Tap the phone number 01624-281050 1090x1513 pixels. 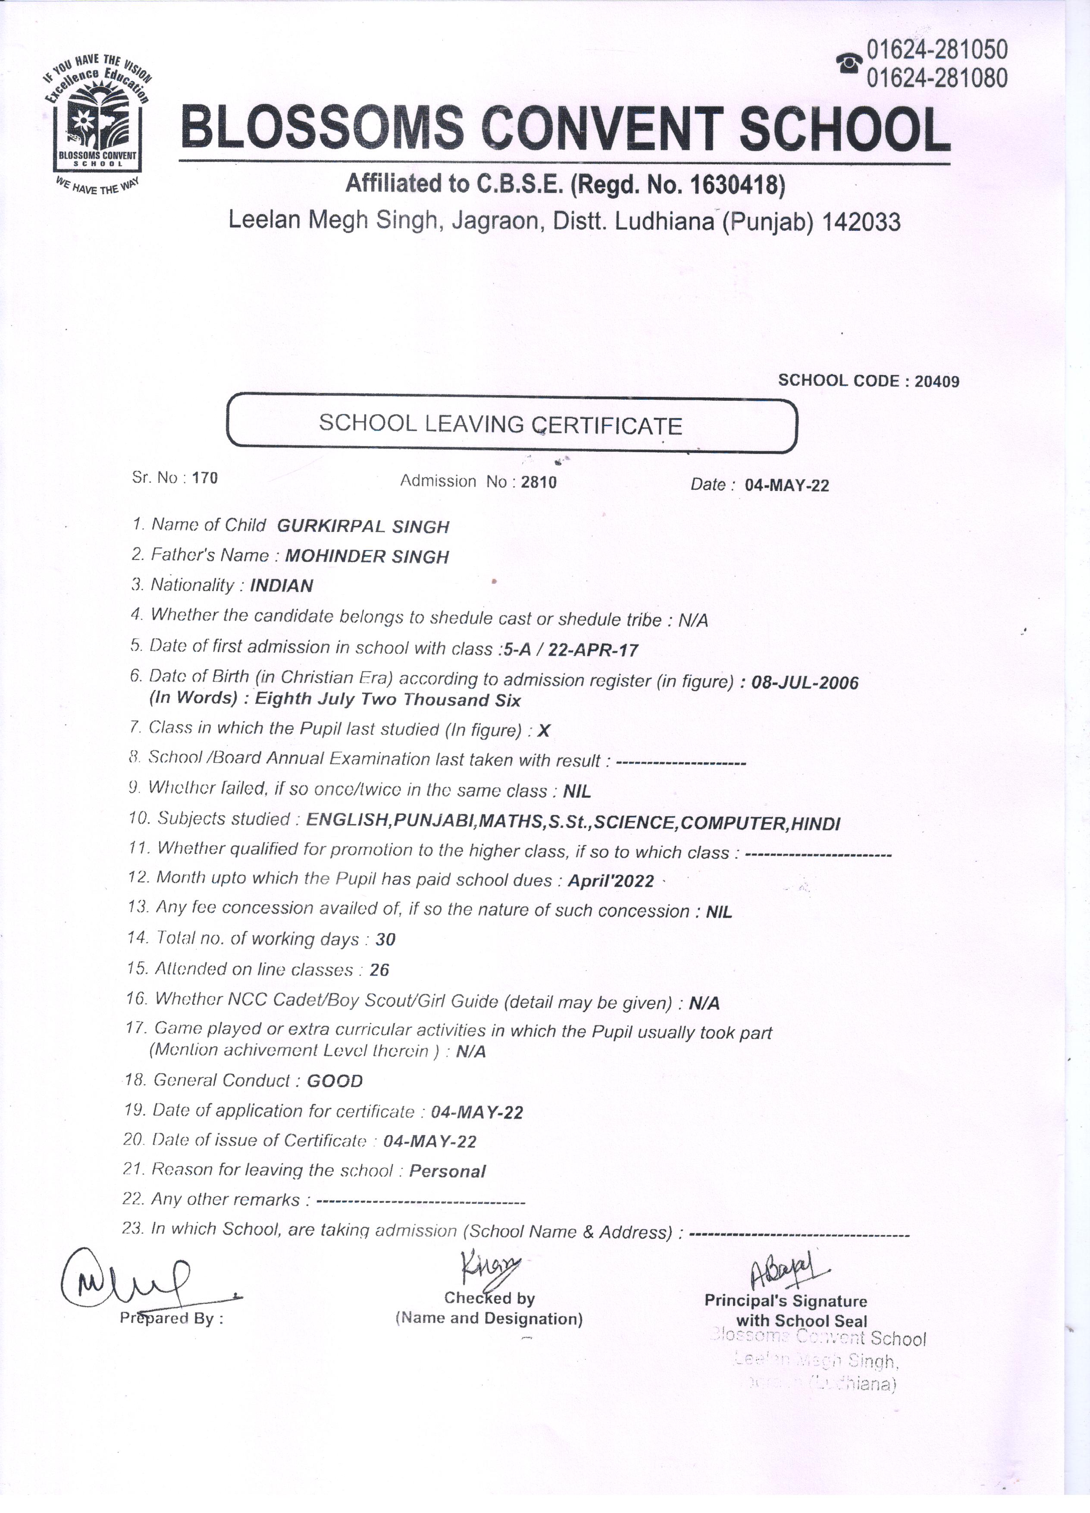pyautogui.click(x=937, y=49)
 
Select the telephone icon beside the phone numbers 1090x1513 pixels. pyautogui.click(x=849, y=63)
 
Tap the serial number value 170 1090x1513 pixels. pyautogui.click(x=205, y=478)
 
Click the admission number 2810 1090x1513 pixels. pyautogui.click(x=539, y=481)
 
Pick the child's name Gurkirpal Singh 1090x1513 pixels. pyautogui.click(x=363, y=526)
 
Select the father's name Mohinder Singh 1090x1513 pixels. pyautogui.click(x=366, y=557)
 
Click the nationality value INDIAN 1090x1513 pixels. pyautogui.click(x=281, y=586)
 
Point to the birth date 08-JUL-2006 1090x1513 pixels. pyautogui.click(x=805, y=683)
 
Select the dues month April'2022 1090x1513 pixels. pyautogui.click(x=611, y=881)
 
